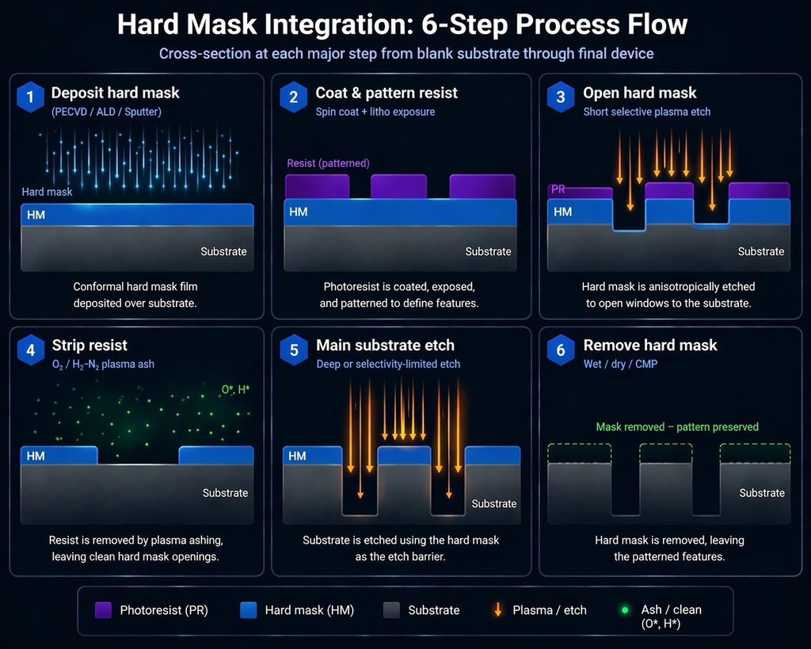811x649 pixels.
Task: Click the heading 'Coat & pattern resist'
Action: click(386, 94)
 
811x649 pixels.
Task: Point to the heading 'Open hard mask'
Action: click(639, 94)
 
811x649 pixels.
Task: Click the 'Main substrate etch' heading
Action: click(385, 345)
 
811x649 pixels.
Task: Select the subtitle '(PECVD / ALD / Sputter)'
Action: click(106, 112)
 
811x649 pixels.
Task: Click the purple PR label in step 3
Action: click(558, 190)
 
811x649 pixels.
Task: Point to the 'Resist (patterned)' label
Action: click(328, 163)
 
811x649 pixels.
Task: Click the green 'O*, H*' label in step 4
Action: click(235, 390)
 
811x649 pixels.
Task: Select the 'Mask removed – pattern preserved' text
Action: click(677, 427)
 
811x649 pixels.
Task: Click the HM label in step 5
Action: click(297, 456)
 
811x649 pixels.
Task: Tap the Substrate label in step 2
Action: click(488, 251)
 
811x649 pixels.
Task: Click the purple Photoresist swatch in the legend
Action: click(103, 610)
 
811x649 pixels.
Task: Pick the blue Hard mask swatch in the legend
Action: click(248, 610)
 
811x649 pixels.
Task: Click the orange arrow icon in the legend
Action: click(497, 610)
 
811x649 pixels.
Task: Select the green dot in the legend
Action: click(625, 610)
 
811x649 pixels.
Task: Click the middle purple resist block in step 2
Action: click(398, 187)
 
